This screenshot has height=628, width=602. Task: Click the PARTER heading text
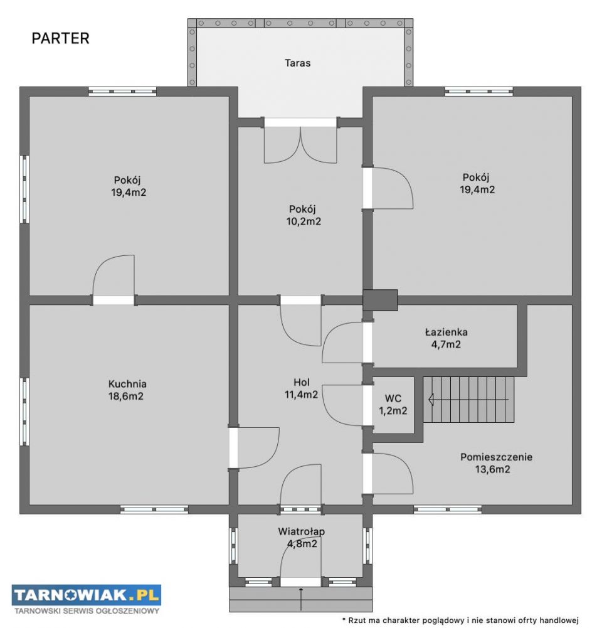tap(60, 38)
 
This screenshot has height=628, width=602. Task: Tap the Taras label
tap(297, 63)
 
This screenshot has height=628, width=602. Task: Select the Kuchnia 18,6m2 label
tap(127, 390)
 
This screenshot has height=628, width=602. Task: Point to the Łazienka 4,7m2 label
tap(446, 338)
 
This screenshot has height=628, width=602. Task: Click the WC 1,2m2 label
tap(393, 405)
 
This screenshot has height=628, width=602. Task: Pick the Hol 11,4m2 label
tap(301, 388)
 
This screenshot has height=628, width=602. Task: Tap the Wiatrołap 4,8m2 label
tap(302, 538)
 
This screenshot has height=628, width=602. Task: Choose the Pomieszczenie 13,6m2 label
tap(496, 463)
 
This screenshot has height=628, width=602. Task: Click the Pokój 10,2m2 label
tap(304, 215)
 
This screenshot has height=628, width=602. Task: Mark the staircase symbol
tap(468, 399)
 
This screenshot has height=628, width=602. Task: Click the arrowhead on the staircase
tap(431, 399)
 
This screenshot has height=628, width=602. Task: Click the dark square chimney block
tap(380, 300)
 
